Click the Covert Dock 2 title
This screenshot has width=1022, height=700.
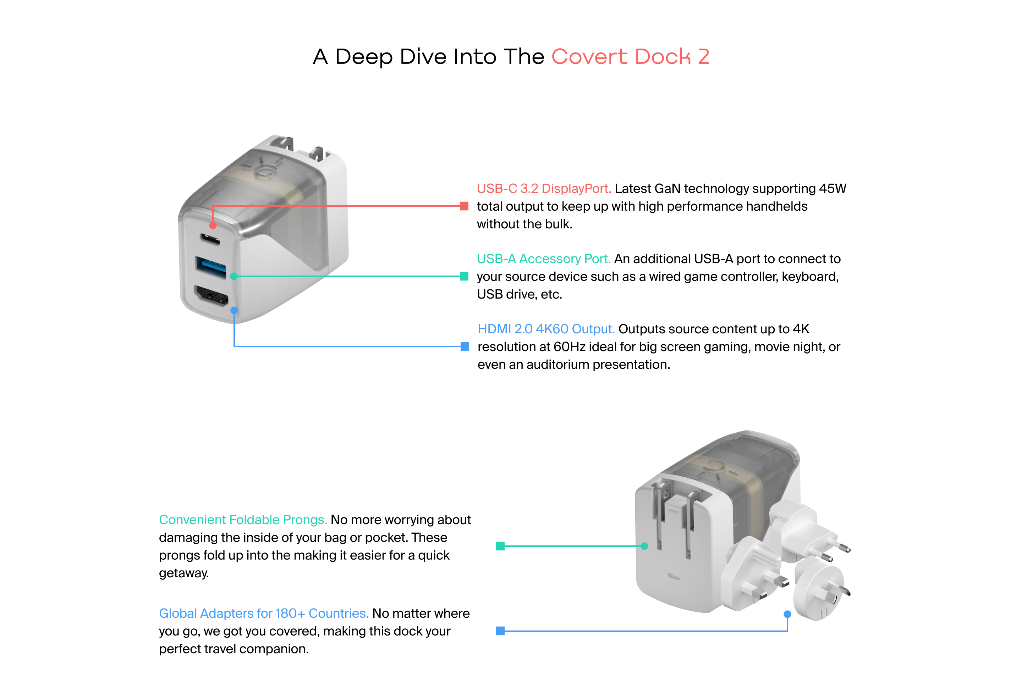click(630, 57)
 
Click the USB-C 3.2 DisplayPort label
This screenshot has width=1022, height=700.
click(544, 189)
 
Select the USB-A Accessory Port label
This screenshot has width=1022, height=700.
click(544, 259)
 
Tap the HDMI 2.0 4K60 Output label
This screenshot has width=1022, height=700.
click(546, 329)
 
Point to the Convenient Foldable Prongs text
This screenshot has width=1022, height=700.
click(243, 520)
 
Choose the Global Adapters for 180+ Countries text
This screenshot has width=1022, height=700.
click(263, 613)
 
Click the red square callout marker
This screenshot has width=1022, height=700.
click(464, 206)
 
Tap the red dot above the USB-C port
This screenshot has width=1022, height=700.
click(213, 226)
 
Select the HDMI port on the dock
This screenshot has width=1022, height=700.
click(211, 296)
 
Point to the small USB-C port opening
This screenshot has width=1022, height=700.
click(210, 239)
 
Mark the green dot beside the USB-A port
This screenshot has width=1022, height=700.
click(234, 276)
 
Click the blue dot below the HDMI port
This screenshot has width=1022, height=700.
click(235, 310)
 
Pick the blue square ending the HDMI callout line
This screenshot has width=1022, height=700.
click(465, 347)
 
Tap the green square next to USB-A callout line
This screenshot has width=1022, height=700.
click(464, 276)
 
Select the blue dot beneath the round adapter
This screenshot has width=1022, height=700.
click(787, 614)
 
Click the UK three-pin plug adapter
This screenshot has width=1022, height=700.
click(752, 573)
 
